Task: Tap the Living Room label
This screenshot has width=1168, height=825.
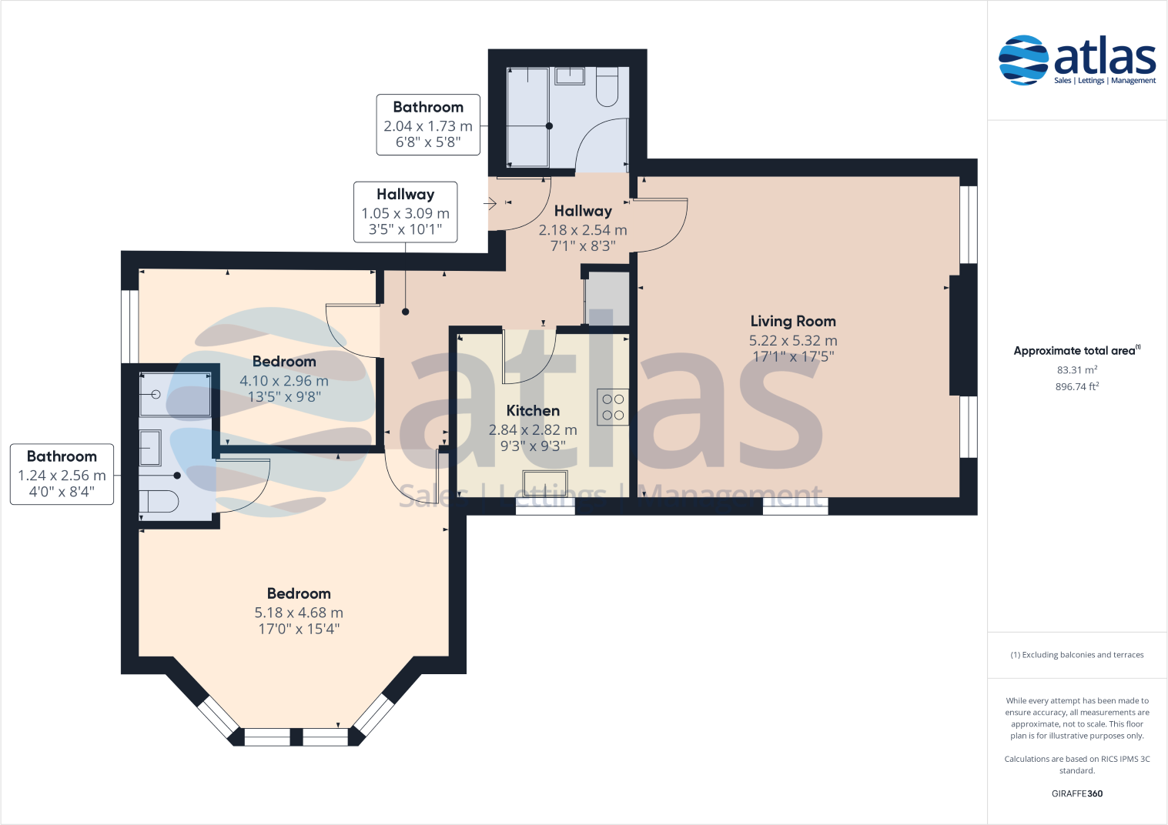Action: [793, 322]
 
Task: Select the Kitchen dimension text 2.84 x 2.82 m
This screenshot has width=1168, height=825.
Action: [533, 430]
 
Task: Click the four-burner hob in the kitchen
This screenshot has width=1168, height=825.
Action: [613, 407]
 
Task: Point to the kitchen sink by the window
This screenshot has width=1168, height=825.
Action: [545, 483]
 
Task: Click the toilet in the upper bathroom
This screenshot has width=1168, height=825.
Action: [607, 86]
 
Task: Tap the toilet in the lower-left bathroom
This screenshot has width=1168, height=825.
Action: [159, 502]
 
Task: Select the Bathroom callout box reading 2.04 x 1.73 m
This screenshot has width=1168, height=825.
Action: [428, 125]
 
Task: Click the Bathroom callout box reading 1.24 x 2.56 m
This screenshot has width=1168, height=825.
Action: [62, 474]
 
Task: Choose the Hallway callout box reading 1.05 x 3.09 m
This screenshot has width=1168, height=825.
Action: [405, 212]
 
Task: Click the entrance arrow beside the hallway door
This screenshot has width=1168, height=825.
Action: [490, 204]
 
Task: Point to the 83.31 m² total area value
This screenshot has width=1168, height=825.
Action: [1076, 370]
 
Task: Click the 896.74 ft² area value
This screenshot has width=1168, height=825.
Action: [1076, 387]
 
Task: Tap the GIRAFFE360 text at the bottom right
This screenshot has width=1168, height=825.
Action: [1076, 793]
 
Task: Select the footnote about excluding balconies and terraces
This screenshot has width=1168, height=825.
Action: [1076, 655]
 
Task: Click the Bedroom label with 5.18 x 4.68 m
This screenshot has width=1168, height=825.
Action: [299, 594]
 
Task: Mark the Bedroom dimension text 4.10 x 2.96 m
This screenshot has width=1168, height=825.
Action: [284, 381]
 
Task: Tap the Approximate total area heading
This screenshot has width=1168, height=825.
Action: [1076, 351]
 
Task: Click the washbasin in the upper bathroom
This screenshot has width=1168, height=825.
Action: [570, 75]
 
